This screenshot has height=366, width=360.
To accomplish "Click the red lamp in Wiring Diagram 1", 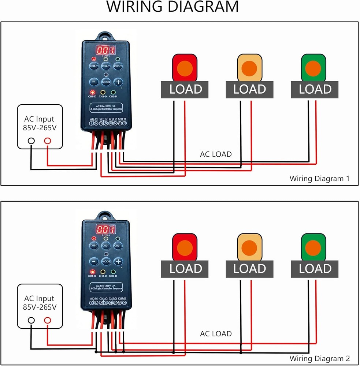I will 185,68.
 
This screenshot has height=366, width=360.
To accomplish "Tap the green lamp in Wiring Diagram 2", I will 313,247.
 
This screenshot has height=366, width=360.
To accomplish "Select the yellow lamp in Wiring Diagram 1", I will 250,68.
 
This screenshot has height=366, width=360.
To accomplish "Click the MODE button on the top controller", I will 106,82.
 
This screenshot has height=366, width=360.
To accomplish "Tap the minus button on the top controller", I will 94,82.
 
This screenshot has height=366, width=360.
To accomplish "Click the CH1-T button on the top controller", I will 94,66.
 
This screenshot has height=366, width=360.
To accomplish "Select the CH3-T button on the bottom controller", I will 118,246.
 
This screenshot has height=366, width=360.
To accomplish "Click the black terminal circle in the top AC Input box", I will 31,141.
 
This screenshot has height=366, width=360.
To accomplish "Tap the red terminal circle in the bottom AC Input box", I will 47,320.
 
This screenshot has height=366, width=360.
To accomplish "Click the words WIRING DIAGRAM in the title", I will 172,7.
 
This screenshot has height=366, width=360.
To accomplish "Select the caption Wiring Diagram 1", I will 319,179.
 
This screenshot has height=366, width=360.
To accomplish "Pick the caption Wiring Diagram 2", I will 319,358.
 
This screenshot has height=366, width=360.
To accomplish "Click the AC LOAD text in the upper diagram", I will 216,154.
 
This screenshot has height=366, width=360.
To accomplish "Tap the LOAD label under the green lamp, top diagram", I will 315,89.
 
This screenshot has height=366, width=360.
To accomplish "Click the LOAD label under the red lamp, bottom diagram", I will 186,268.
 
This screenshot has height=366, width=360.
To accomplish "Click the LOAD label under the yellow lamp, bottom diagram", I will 250,268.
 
